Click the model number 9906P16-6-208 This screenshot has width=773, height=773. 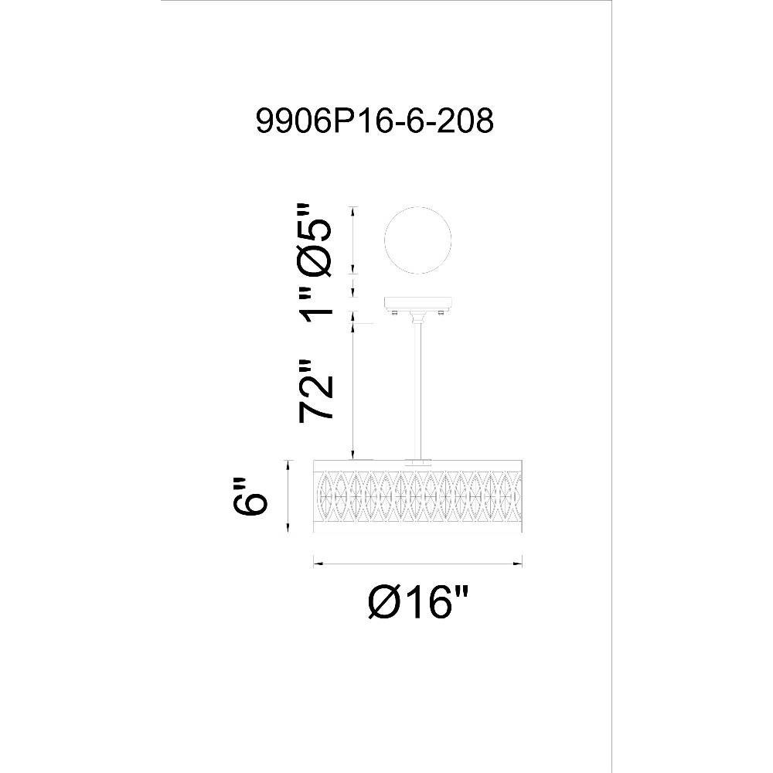pos(374,121)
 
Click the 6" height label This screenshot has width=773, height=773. pos(250,496)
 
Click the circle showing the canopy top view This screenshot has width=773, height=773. pos(417,240)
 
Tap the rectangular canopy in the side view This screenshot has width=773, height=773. pos(417,303)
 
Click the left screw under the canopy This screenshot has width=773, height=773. pos(394,312)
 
